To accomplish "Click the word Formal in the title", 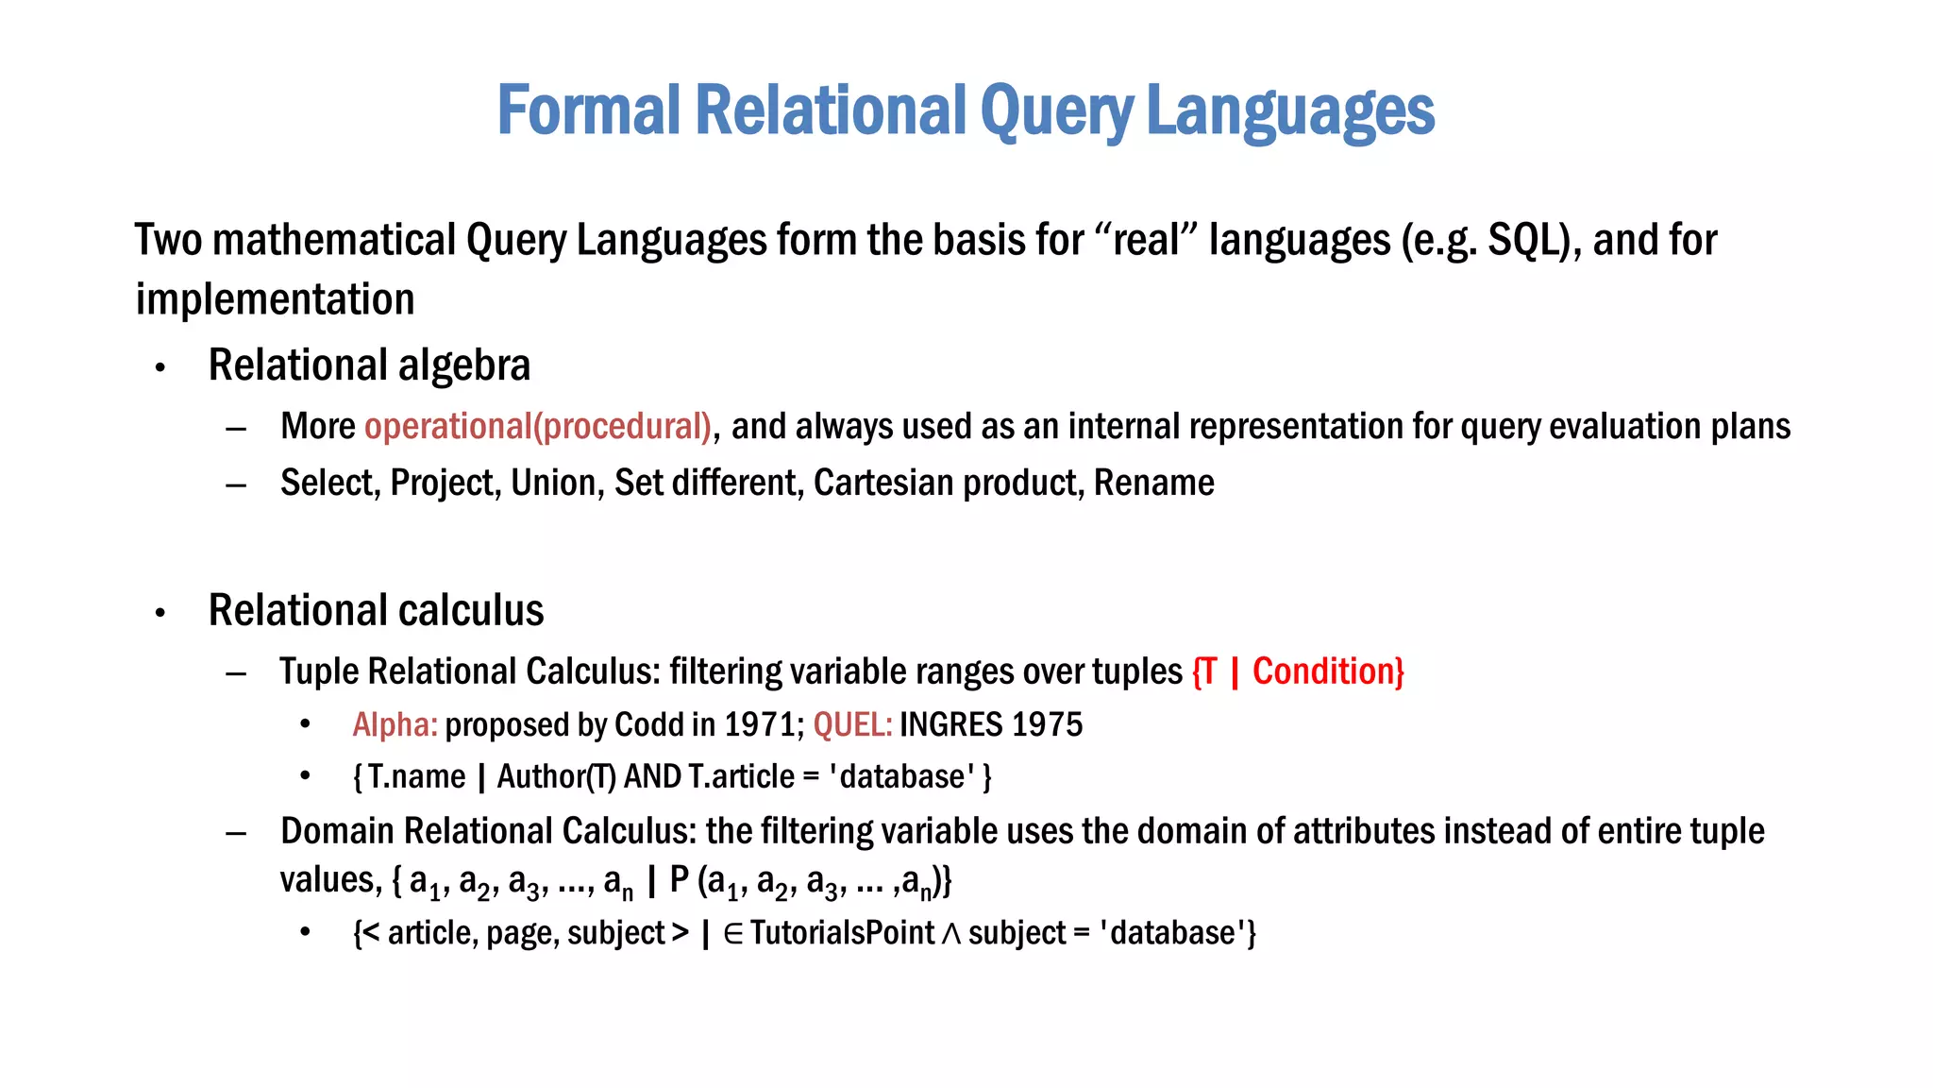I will click(588, 110).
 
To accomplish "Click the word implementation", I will click(275, 299).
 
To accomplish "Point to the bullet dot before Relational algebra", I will click(160, 367).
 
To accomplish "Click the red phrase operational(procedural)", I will click(538, 427).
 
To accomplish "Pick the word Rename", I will click(1153, 483).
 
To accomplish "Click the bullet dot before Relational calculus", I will click(160, 613).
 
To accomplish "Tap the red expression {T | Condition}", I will click(1298, 671).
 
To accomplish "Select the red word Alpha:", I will click(395, 725).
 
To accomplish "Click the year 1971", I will click(763, 725).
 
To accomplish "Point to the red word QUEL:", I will click(852, 725).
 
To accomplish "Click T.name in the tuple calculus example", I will click(416, 777).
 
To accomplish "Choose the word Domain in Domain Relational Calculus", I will click(337, 831).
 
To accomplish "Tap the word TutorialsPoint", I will click(842, 933).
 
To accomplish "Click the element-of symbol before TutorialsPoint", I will click(733, 934).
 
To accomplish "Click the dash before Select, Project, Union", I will click(236, 485).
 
